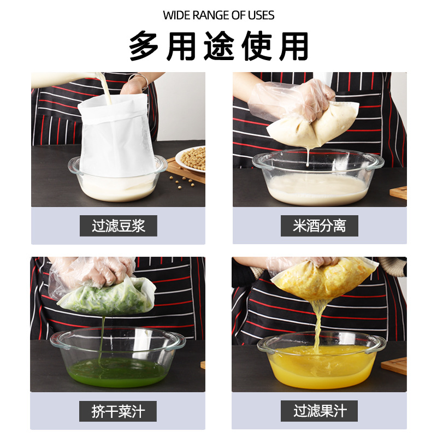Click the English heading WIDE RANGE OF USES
(218, 15)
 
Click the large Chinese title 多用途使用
(218, 46)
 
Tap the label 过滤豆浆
(118, 226)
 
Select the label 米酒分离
(319, 226)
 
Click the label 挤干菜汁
(118, 411)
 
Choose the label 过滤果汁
(319, 411)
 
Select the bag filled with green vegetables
(104, 298)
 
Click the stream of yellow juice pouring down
(317, 322)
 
